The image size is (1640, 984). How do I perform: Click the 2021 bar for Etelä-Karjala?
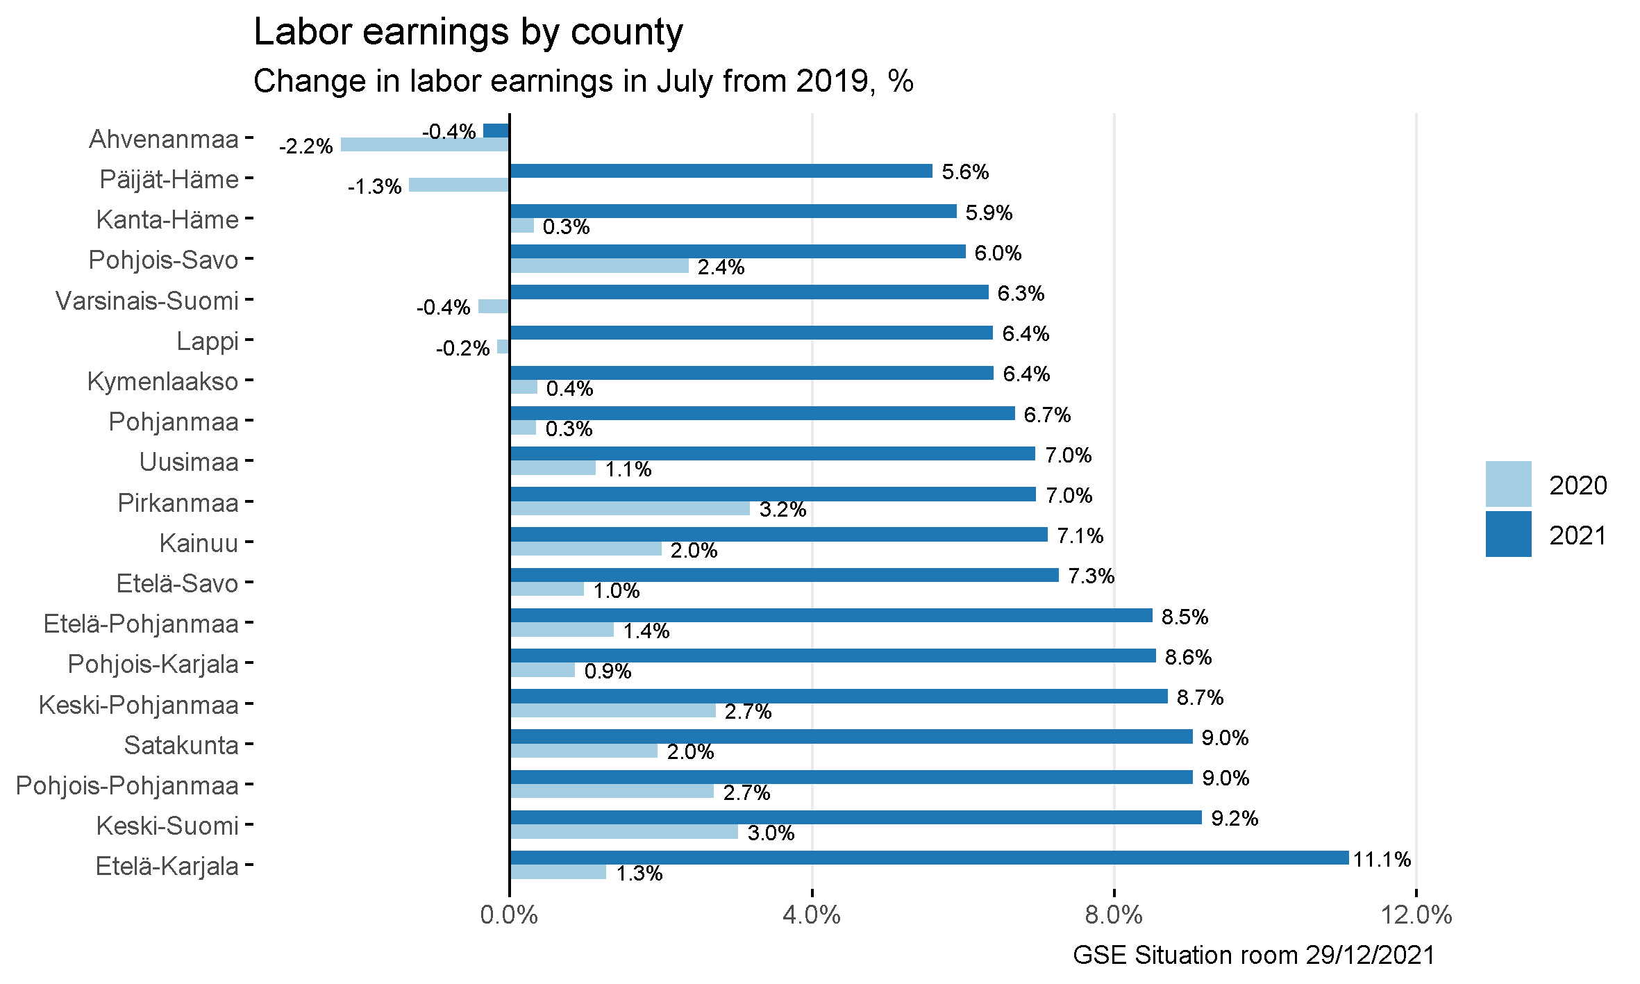(929, 858)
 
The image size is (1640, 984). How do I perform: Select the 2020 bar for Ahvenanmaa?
(425, 144)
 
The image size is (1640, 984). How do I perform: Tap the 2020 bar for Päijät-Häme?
(459, 185)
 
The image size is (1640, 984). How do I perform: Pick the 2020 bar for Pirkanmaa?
(630, 508)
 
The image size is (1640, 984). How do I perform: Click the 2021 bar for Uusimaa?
(772, 453)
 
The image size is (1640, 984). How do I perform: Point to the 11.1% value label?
(1382, 860)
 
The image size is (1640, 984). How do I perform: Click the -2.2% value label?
(306, 147)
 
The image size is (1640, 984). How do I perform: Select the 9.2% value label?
(1235, 818)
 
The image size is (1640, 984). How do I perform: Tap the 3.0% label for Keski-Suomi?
(771, 833)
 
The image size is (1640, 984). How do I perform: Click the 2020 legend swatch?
(1508, 484)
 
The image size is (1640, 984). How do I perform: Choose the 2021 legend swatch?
(1508, 534)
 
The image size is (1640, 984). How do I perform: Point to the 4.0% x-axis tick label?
(811, 915)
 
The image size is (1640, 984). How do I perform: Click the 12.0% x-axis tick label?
(1416, 915)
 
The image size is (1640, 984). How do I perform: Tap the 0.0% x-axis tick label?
(509, 915)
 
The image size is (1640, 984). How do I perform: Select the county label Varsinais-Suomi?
(147, 301)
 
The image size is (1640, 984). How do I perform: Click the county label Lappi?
(208, 341)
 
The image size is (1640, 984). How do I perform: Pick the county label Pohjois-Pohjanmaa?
(128, 785)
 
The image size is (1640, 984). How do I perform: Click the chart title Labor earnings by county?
(468, 32)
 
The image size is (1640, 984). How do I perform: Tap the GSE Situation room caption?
(1253, 955)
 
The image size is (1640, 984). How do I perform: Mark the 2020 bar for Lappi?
(503, 347)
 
